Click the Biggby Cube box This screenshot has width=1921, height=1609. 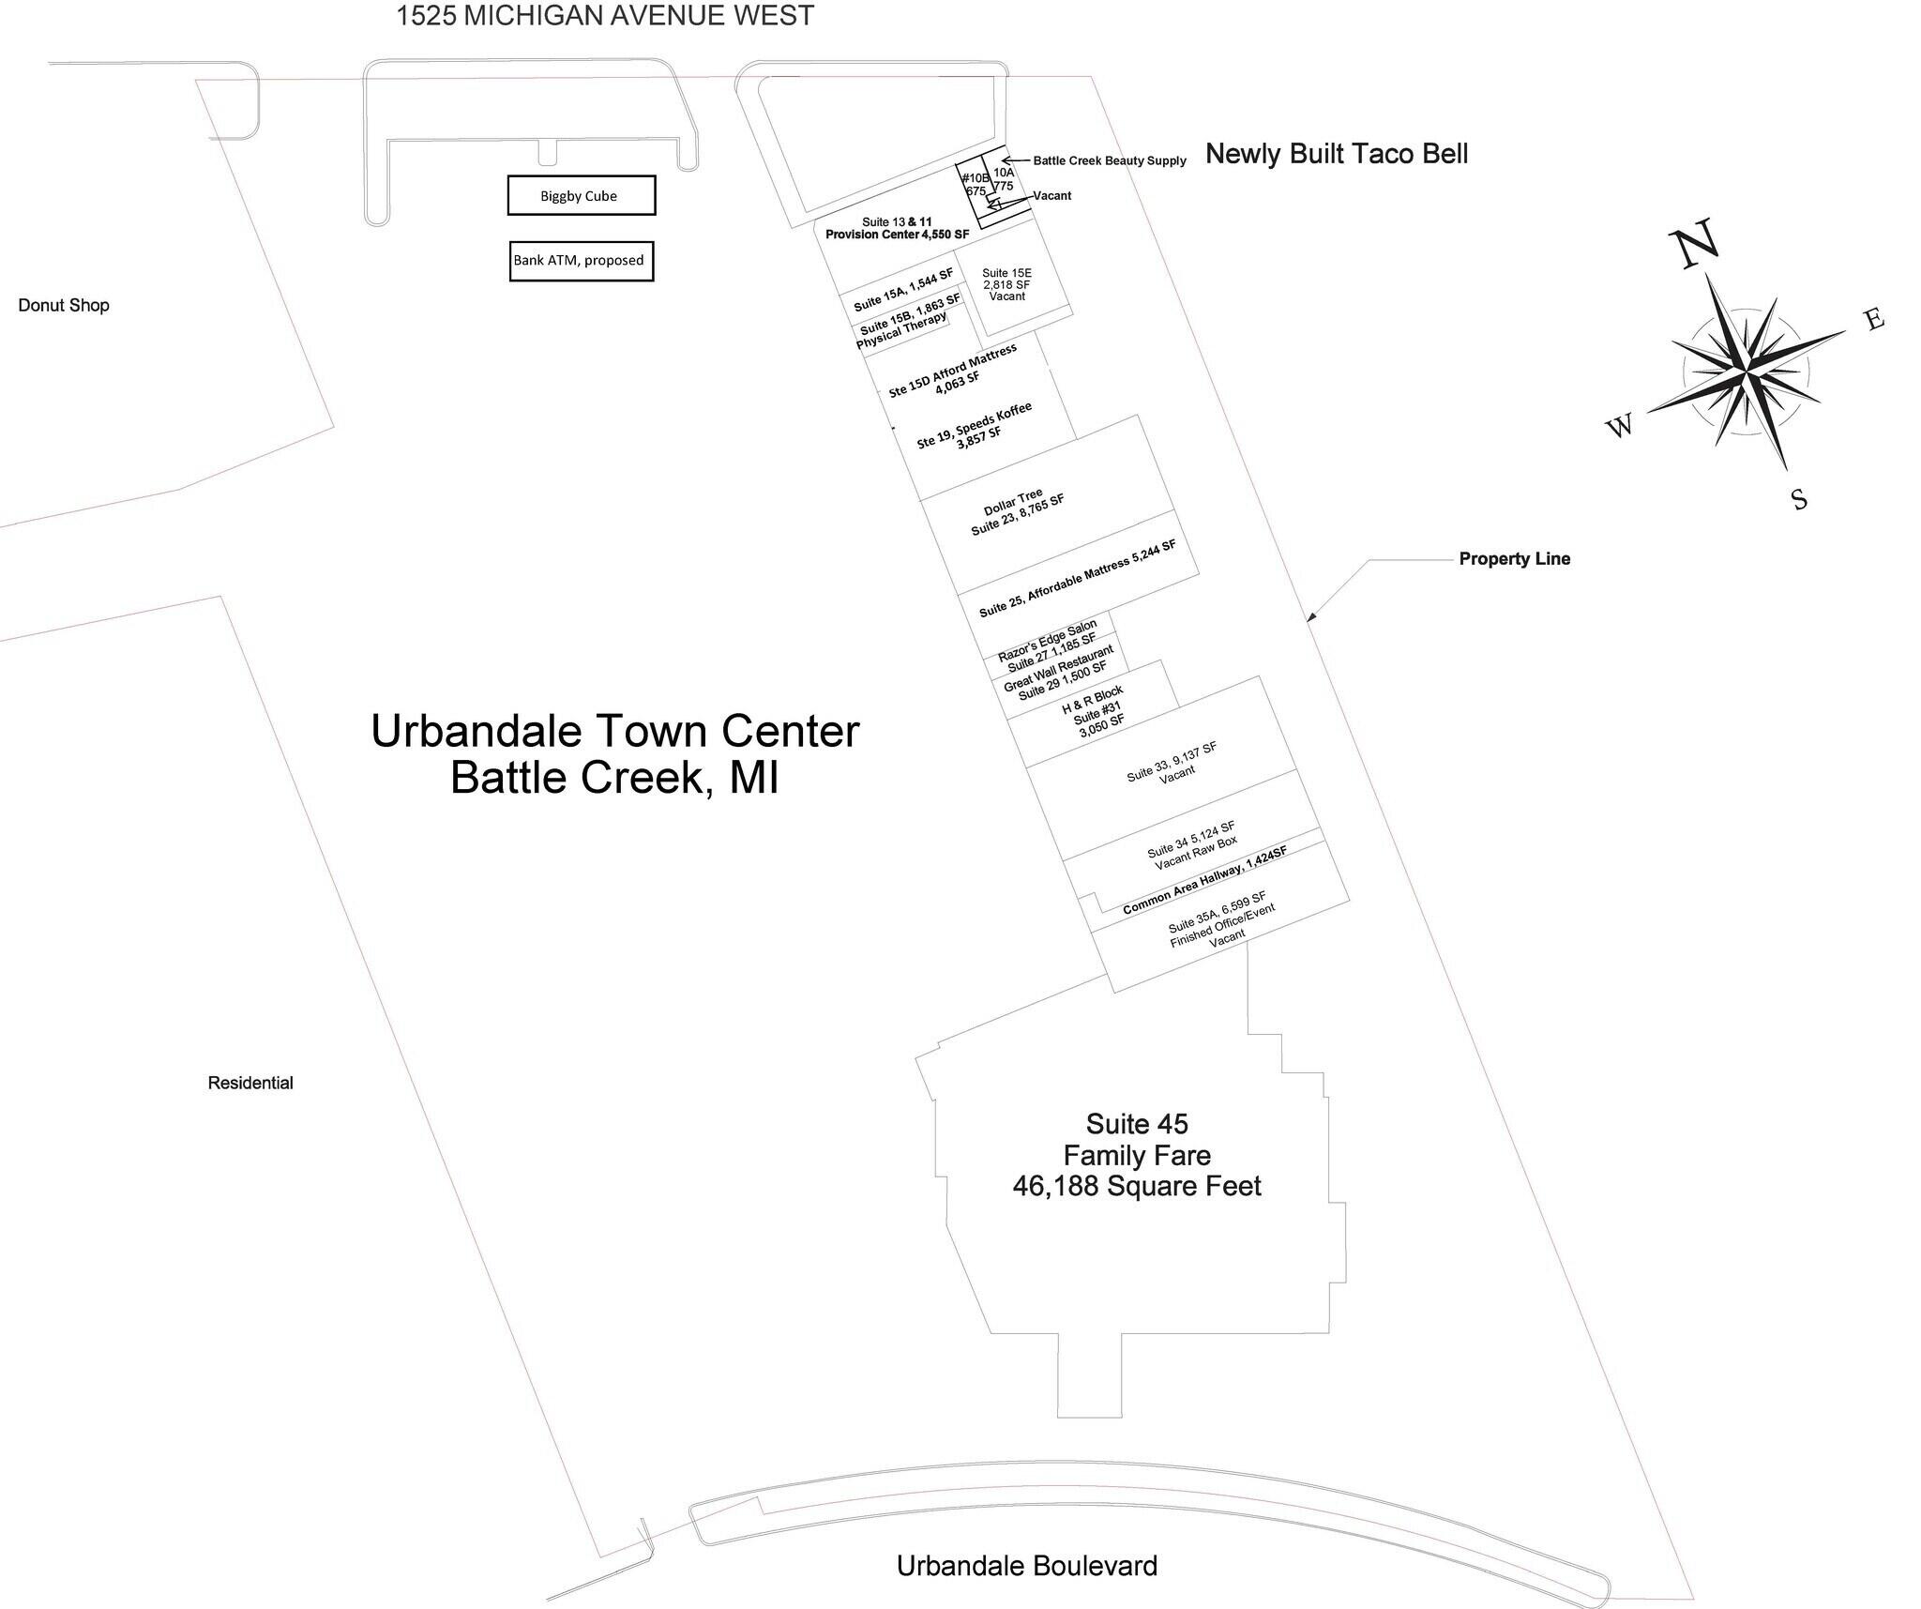click(x=582, y=195)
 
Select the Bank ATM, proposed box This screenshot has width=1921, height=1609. click(x=582, y=261)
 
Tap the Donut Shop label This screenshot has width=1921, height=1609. click(x=64, y=305)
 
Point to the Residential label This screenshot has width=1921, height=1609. click(x=250, y=1083)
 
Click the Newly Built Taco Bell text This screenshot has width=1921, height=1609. click(x=1337, y=154)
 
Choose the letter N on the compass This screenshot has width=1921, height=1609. click(x=1696, y=243)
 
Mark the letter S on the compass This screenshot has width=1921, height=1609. click(x=1799, y=499)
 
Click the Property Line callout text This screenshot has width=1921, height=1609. click(x=1515, y=559)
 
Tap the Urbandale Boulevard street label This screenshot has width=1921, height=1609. click(x=1027, y=1566)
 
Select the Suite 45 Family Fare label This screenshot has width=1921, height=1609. click(x=1137, y=1155)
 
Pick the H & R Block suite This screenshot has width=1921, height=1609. click(x=1094, y=713)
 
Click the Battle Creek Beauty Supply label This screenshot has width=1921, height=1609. click(x=1110, y=160)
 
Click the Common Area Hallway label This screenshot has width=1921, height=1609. click(x=1204, y=879)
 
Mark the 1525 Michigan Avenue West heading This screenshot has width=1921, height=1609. click(x=605, y=16)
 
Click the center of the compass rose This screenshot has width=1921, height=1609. click(x=1747, y=372)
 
